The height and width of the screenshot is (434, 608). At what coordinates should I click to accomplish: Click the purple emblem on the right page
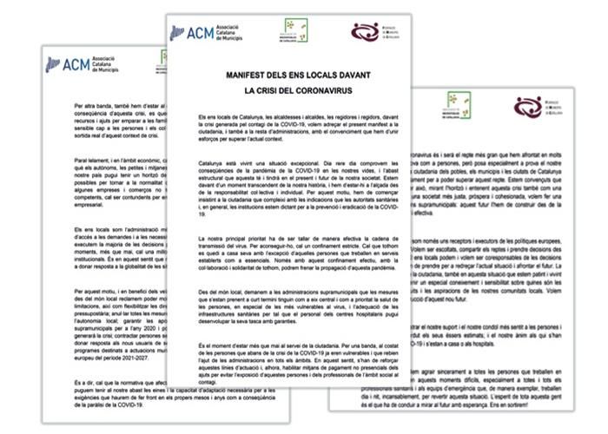point(527,107)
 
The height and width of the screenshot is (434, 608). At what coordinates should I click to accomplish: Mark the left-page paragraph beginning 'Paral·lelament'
point(104,181)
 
